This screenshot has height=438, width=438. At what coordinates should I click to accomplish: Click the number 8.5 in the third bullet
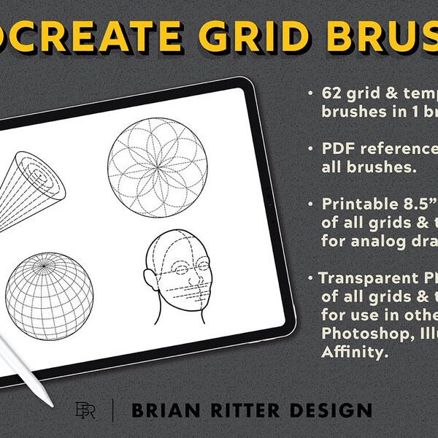click(413, 204)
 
